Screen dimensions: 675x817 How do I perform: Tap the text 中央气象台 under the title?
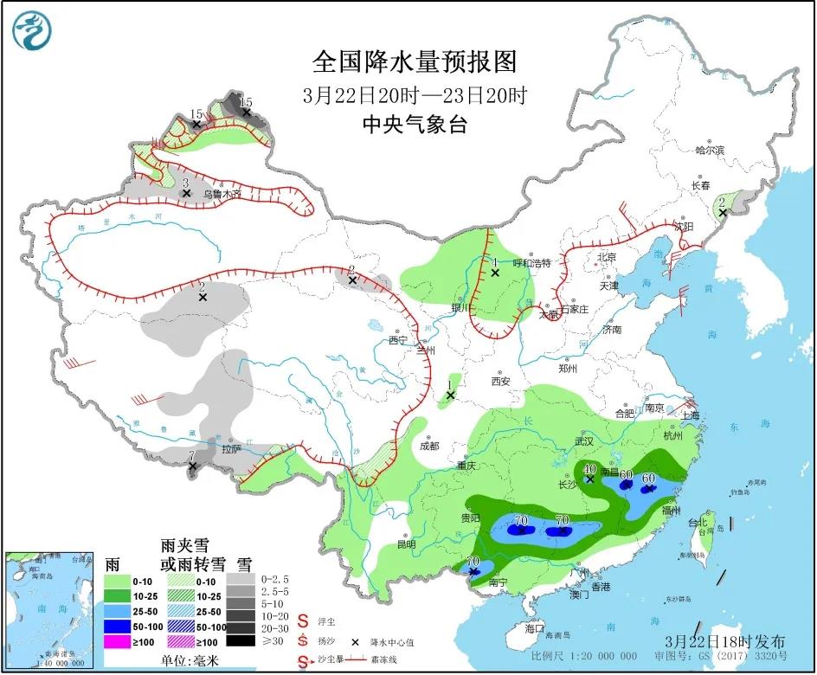(415, 125)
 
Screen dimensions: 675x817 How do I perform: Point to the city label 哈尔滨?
(710, 150)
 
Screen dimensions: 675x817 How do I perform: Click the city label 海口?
(535, 628)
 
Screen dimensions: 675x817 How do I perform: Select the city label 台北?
(698, 522)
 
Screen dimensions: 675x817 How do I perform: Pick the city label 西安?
(501, 381)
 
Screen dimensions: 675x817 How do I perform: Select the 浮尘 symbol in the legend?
(304, 620)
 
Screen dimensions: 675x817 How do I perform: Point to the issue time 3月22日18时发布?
(726, 641)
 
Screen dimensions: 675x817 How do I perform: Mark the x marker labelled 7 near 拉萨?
(193, 467)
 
